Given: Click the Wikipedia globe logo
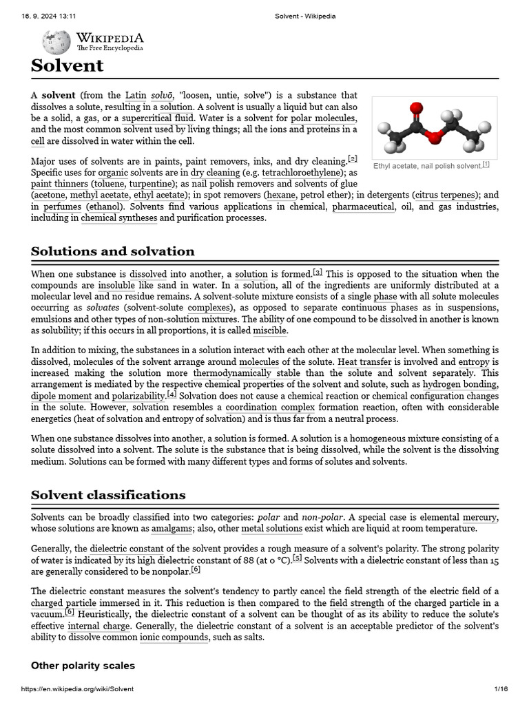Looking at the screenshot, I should point(56,42).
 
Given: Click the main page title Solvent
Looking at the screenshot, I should point(67,66).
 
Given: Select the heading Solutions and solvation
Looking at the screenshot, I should point(112,251).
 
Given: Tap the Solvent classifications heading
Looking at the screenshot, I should point(108,495).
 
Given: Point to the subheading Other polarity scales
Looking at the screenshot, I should point(83,666).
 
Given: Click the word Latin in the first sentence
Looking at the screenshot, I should point(136,95).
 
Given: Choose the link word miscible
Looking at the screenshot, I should point(270,330).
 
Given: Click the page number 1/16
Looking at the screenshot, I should point(501,689).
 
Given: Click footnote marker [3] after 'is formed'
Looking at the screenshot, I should point(318,272).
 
